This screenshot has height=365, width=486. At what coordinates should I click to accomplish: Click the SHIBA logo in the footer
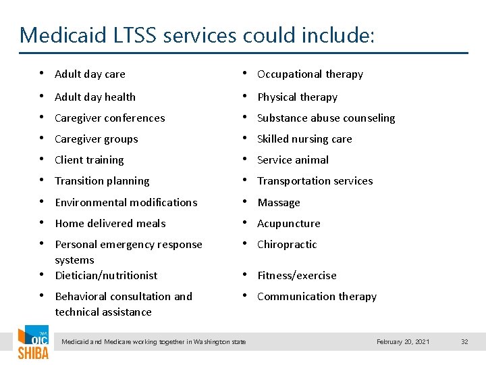(x=32, y=345)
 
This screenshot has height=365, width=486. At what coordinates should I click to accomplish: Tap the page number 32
(x=464, y=342)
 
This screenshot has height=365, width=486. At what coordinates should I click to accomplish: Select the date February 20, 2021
(x=403, y=342)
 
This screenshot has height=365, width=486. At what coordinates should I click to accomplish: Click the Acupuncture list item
(x=288, y=224)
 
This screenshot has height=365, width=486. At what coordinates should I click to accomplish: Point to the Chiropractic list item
(x=287, y=245)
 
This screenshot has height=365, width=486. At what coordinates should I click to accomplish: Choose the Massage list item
(x=279, y=203)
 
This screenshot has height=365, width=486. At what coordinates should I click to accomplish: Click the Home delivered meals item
(x=110, y=224)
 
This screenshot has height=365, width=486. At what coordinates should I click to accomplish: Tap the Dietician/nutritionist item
(x=106, y=276)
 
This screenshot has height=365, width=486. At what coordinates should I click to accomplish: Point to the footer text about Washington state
(x=154, y=342)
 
